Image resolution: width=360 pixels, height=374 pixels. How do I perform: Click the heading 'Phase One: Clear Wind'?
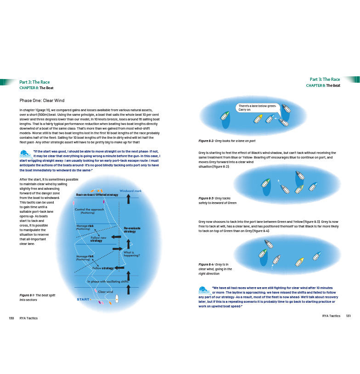(x=42, y=101)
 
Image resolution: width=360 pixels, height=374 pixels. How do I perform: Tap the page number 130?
(x=12, y=318)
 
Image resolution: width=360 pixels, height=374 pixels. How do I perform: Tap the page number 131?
(x=348, y=316)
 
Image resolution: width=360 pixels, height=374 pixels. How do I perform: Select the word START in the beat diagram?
(x=83, y=300)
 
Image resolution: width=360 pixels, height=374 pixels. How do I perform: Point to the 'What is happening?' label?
(x=131, y=254)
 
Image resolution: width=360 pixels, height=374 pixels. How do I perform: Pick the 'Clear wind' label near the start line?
(x=106, y=292)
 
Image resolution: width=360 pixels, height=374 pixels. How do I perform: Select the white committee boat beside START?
(x=117, y=300)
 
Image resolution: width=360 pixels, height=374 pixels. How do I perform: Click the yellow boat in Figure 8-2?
(x=258, y=119)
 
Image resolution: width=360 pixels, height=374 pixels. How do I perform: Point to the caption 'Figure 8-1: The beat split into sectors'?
(x=37, y=297)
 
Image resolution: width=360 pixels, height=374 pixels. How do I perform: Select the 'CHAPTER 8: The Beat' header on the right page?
(x=323, y=85)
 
